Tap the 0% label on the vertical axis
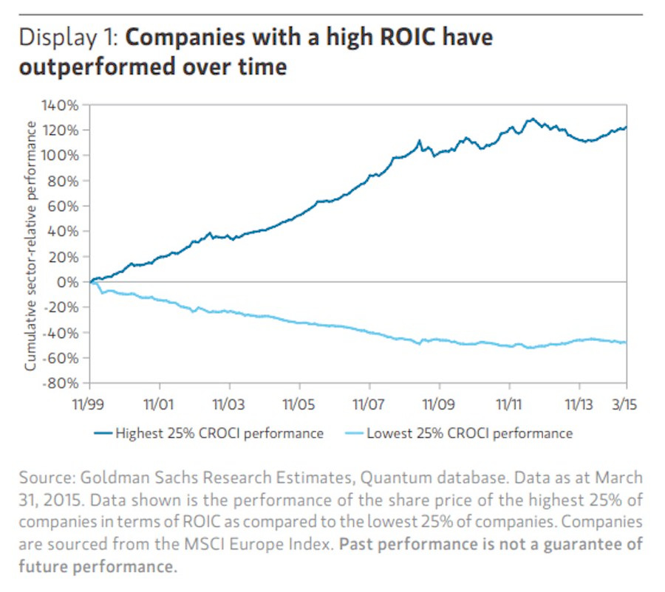(69, 282)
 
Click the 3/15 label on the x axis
(626, 405)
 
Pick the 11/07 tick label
(369, 405)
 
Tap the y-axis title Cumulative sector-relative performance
(31, 246)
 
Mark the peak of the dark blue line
(531, 118)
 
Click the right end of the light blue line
(626, 343)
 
